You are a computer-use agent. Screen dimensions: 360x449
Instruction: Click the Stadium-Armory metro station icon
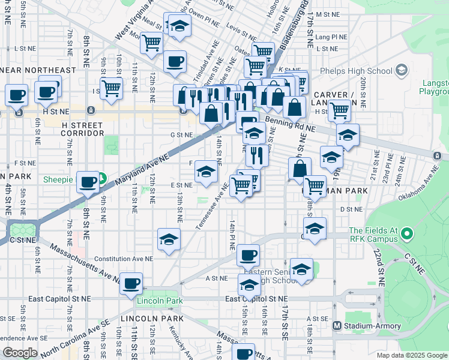click(x=337, y=326)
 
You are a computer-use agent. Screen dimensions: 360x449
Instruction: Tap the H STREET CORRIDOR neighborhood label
click(x=83, y=128)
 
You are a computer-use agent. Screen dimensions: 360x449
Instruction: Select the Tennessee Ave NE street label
click(x=211, y=206)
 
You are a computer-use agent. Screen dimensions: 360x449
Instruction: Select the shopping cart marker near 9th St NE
click(x=111, y=88)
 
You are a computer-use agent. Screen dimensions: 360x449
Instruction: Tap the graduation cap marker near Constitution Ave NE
click(x=169, y=239)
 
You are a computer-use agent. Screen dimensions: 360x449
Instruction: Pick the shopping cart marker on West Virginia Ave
click(x=152, y=43)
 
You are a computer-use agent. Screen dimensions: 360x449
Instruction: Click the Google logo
click(x=20, y=353)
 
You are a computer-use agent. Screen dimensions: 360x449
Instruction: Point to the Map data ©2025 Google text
click(x=411, y=355)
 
